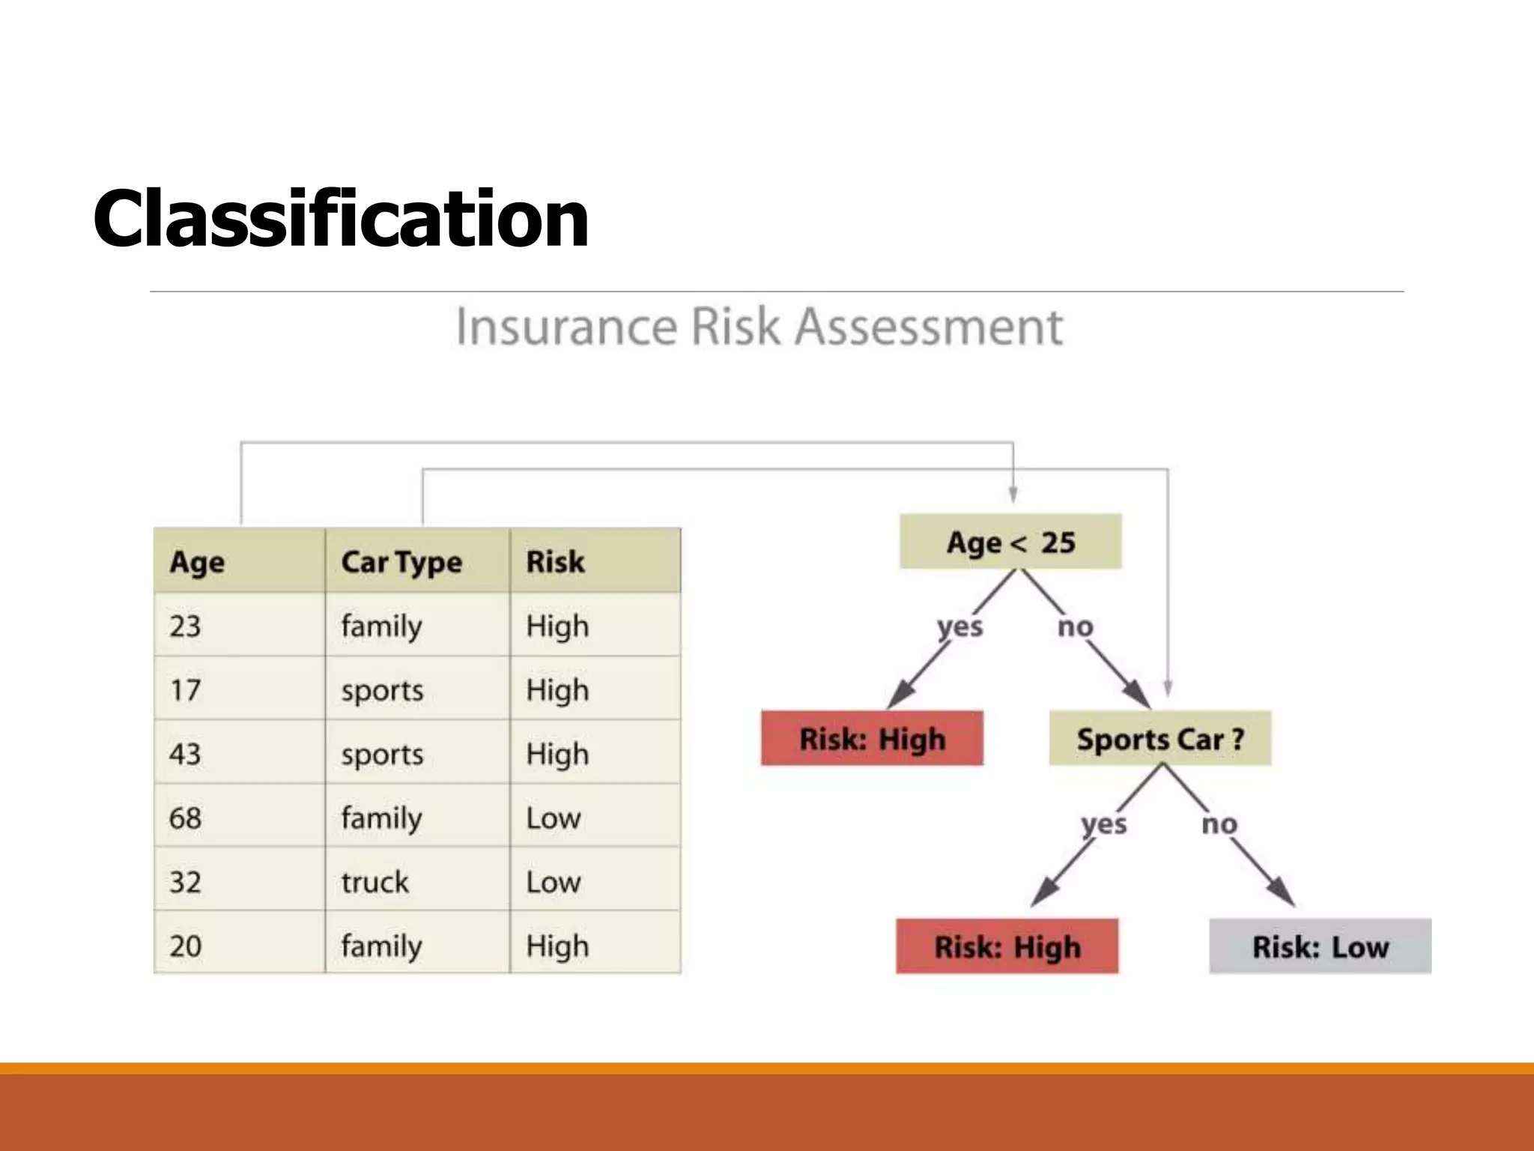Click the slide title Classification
341,218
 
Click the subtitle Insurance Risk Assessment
759,327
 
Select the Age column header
197,561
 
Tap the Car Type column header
401,561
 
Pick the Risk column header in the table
555,561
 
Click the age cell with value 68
186,818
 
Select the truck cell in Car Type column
375,882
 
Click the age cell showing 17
186,689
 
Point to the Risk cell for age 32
554,882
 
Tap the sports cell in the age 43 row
382,754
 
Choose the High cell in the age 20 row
557,946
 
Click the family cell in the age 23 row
381,626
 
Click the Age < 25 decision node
1010,542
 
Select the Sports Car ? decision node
1159,739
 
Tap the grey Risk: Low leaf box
1320,946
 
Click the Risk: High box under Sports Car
1007,946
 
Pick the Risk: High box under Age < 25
872,739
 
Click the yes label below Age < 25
959,626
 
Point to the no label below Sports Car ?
1219,824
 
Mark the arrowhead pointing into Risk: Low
1282,893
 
